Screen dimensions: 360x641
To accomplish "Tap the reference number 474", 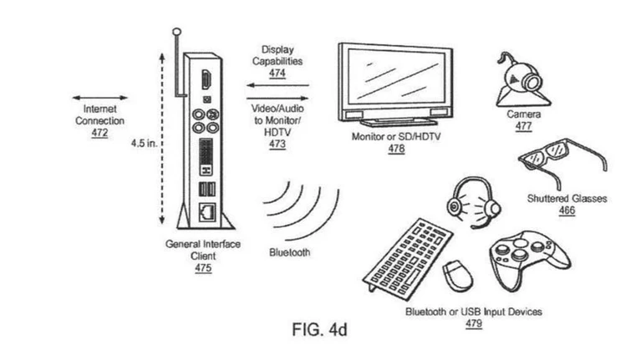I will [277, 73].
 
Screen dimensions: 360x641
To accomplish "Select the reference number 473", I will [277, 144].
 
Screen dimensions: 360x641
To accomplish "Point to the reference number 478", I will [396, 148].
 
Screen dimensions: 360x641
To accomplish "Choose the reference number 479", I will [473, 323].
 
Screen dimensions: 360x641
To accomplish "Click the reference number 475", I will [203, 268].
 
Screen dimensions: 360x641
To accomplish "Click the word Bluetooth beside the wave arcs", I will [290, 252].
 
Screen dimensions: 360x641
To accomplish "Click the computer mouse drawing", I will [456, 273].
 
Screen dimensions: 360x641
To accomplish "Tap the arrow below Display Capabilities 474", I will [277, 85].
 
